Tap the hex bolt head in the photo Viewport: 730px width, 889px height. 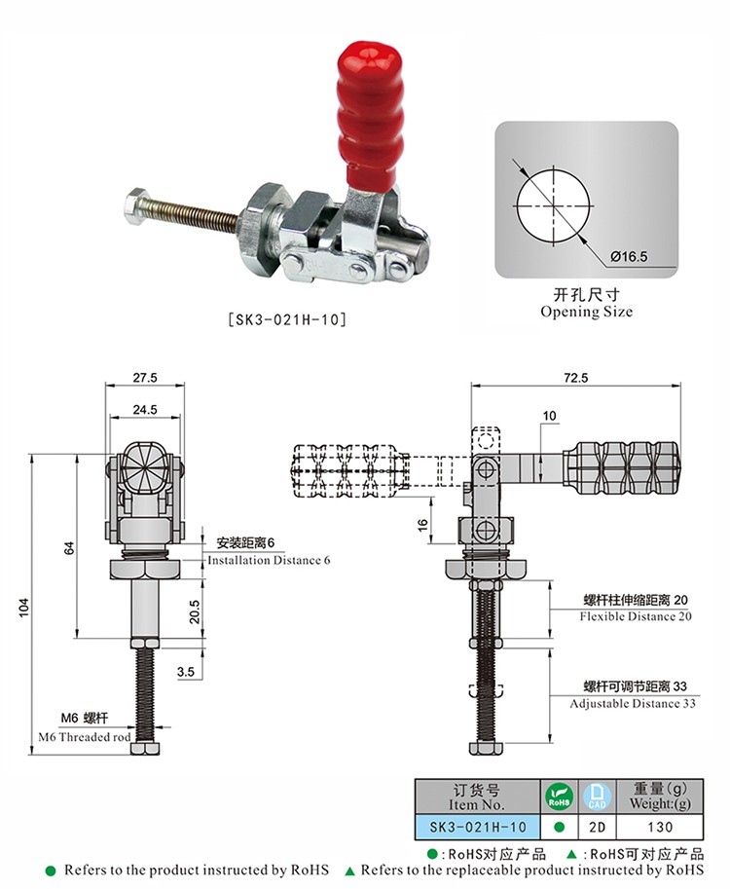pyautogui.click(x=135, y=207)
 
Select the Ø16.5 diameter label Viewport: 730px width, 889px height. pyautogui.click(x=629, y=257)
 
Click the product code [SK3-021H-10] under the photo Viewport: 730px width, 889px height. pyautogui.click(x=287, y=319)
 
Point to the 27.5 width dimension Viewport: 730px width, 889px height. pyautogui.click(x=145, y=378)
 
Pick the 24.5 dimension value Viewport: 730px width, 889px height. pyautogui.click(x=145, y=409)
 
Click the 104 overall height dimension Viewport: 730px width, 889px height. pyautogui.click(x=23, y=608)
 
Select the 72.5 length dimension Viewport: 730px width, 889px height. pyautogui.click(x=576, y=378)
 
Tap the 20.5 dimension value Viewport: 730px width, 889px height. pyautogui.click(x=195, y=611)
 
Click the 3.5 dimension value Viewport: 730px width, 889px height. pyautogui.click(x=185, y=672)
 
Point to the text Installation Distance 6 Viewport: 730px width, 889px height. pyautogui.click(x=269, y=560)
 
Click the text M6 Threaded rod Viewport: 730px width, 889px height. pyautogui.click(x=85, y=737)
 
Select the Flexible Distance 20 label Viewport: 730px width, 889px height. pyautogui.click(x=636, y=616)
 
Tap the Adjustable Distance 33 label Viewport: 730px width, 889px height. pyautogui.click(x=633, y=704)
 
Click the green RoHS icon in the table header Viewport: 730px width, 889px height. pyautogui.click(x=559, y=796)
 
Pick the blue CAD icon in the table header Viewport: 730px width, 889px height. pyautogui.click(x=598, y=796)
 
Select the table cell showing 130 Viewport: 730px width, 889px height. pyautogui.click(x=660, y=828)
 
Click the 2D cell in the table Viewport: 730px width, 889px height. pyautogui.click(x=598, y=828)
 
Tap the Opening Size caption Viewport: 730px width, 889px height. pyautogui.click(x=587, y=312)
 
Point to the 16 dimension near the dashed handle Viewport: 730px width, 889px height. pyautogui.click(x=422, y=525)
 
